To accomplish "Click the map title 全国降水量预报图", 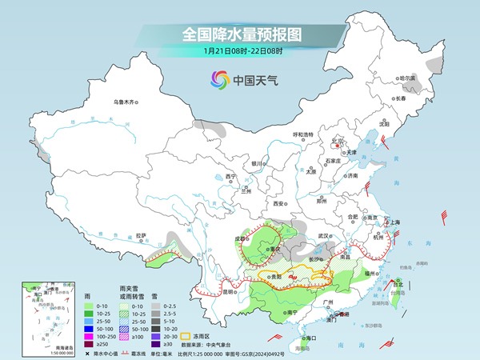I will [x=240, y=34].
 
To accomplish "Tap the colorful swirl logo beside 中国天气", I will [x=218, y=79].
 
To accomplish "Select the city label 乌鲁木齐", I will [x=125, y=102].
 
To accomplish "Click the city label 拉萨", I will [x=141, y=236].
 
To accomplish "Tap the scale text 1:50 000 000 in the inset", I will [x=39, y=353].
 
